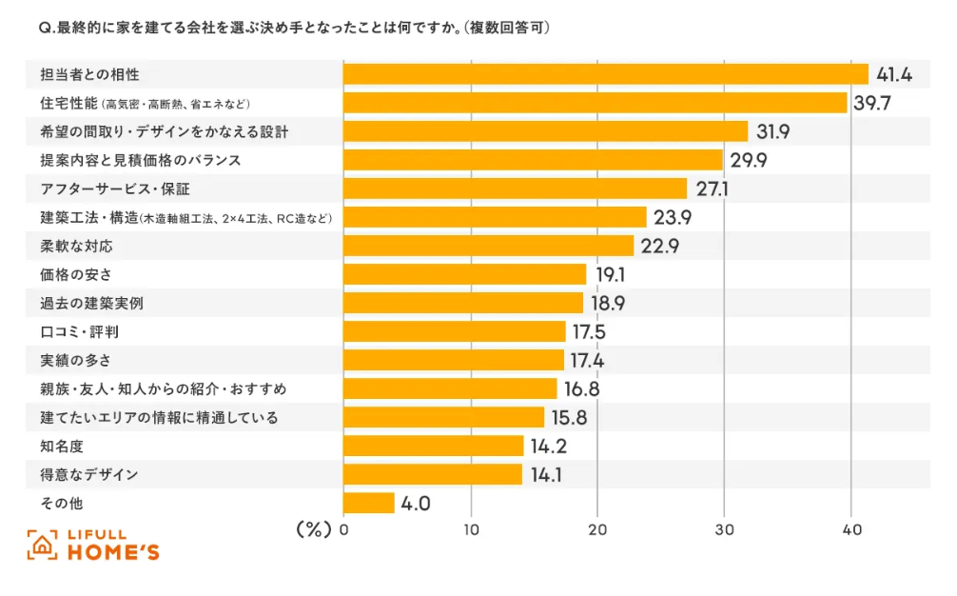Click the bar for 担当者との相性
pos(605,74)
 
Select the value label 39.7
pos(870,103)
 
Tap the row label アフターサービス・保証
pos(115,189)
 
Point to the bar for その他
pos(368,503)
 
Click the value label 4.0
pos(416,504)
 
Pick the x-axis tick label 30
pos(724,529)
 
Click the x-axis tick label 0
pos(343,529)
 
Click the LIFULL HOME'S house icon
pos(43,545)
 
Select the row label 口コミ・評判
pos(80,331)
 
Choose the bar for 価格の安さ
pos(464,274)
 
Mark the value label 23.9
pos(672,218)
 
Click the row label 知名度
pos(59,446)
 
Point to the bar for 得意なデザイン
pos(433,474)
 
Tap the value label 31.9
pos(772,131)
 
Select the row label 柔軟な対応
pos(76,246)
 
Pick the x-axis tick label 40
pos(851,529)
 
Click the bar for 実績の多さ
pos(454,360)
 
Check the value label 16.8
pos(579,389)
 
